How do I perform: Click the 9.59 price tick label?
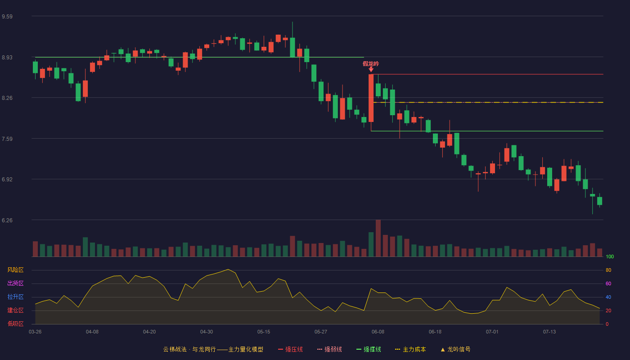(7, 17)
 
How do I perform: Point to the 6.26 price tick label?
(7, 220)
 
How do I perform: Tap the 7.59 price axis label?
(7, 139)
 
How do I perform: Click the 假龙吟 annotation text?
(371, 64)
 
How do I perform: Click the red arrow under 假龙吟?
(371, 69)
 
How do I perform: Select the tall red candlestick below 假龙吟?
(371, 98)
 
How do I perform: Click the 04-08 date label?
(92, 332)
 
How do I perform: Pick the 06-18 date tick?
(435, 332)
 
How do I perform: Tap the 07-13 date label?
(549, 332)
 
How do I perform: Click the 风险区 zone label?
(15, 270)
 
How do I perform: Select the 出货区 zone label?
(15, 283)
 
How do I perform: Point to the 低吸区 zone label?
(15, 324)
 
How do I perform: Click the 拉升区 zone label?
(15, 297)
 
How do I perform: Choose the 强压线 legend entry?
(290, 349)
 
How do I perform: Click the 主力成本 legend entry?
(410, 349)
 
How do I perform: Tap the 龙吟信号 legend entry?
(455, 349)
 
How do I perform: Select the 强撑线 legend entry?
(369, 349)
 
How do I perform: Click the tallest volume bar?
(378, 238)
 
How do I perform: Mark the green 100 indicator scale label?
(610, 256)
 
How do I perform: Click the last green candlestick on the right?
(599, 201)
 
